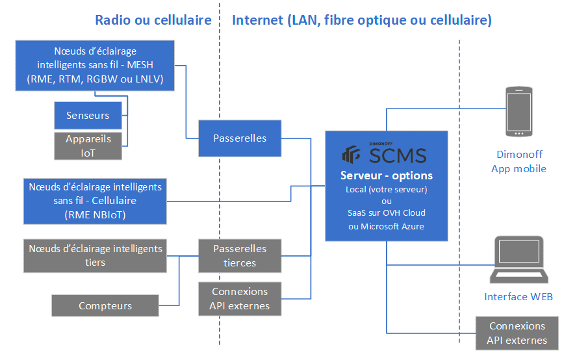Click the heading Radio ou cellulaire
[153, 20]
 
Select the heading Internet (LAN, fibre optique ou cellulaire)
[362, 20]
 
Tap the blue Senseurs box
[88, 116]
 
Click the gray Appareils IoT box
[88, 146]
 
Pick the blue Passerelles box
[240, 138]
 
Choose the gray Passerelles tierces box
[240, 255]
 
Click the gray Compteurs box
[105, 305]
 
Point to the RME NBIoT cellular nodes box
[95, 201]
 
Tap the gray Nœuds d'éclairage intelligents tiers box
[95, 255]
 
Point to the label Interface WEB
[518, 297]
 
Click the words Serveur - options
[386, 175]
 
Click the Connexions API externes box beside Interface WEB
[517, 333]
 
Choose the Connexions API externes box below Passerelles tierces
[240, 299]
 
